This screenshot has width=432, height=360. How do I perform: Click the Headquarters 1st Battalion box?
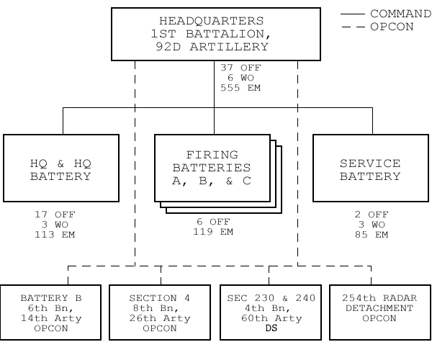(216, 34)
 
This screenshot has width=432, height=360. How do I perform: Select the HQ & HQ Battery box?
(61, 168)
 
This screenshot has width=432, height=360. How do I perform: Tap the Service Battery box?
(371, 168)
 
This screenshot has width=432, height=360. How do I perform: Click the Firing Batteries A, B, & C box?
(212, 168)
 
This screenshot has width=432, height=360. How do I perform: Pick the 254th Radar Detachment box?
(380, 312)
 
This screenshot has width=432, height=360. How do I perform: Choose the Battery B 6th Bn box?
(50, 312)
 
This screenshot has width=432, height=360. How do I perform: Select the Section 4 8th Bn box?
(160, 312)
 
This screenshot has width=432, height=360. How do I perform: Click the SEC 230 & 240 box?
(271, 312)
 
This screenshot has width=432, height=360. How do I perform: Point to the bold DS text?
(271, 328)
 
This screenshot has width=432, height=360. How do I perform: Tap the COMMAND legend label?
(400, 14)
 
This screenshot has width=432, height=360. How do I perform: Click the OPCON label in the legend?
(392, 27)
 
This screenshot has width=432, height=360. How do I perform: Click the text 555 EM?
(240, 88)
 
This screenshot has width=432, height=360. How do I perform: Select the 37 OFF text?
(240, 68)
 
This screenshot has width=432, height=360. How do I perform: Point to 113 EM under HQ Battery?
(55, 235)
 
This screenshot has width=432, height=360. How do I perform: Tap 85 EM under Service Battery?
(372, 235)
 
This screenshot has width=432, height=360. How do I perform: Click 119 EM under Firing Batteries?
(213, 232)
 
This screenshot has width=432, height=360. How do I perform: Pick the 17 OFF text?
(55, 215)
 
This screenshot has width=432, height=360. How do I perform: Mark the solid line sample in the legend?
(353, 14)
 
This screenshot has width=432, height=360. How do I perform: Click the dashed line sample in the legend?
(353, 27)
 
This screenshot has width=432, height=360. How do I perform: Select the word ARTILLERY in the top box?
(229, 47)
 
